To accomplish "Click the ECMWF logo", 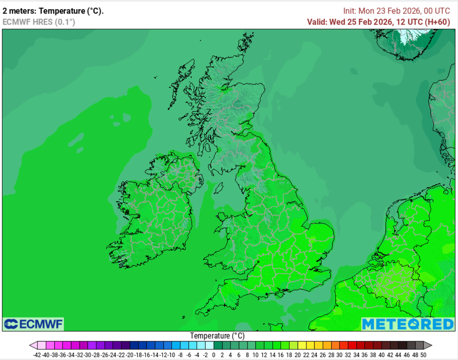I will [33, 324].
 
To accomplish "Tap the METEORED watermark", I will [407, 324].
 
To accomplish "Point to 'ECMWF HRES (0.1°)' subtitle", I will [39, 22].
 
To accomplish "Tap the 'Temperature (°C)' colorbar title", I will [217, 336].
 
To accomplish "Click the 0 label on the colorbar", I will [214, 355].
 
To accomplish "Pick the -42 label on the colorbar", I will [37, 355].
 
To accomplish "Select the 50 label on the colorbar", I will [423, 355].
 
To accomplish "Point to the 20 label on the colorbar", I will [297, 355].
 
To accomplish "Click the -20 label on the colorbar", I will [129, 355].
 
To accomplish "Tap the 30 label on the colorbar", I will [339, 355].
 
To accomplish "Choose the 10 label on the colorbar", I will [255, 355].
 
